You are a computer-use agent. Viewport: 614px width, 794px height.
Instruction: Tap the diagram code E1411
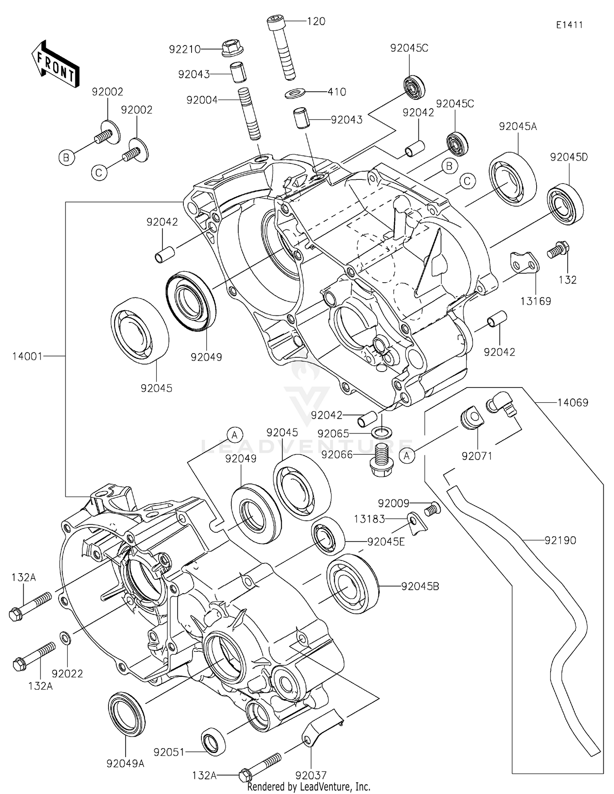pos(569,25)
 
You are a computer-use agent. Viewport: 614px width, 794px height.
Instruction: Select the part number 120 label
pos(316,21)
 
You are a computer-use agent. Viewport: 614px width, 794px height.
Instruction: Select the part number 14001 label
pos(27,356)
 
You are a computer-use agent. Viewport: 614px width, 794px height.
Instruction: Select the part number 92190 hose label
pos(560,540)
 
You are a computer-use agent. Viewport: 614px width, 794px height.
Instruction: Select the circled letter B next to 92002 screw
pos(66,157)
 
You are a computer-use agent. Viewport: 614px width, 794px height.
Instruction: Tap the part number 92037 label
pos(311,775)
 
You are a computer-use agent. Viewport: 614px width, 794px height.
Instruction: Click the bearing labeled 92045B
pos(352,584)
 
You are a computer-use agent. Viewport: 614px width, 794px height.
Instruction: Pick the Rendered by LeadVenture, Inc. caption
pos(309,787)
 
